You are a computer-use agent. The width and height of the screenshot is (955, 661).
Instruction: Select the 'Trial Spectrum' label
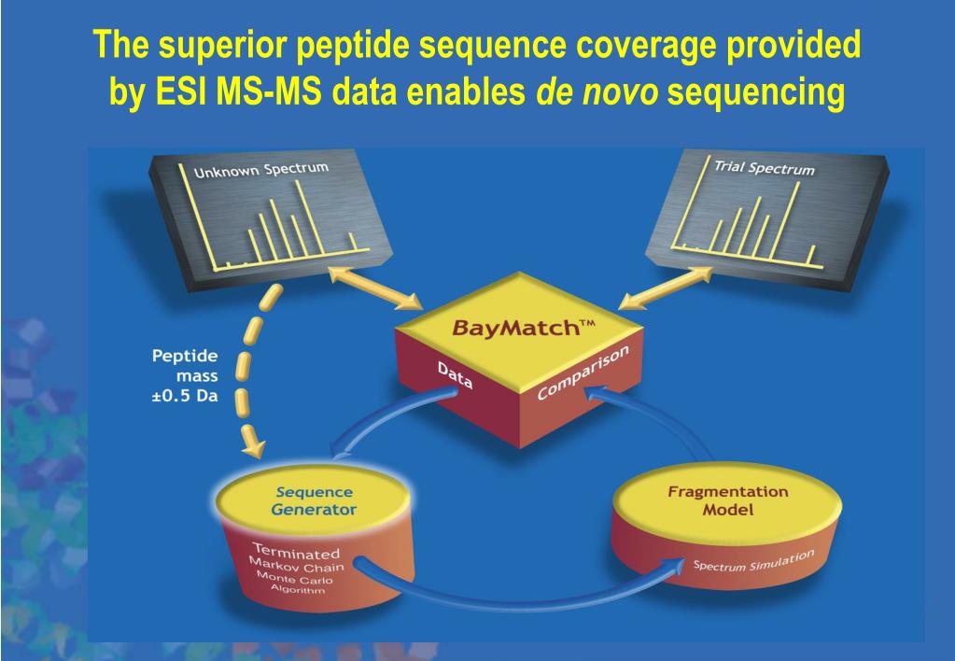[764, 168]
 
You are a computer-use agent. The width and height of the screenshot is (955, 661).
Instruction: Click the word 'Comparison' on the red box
[583, 372]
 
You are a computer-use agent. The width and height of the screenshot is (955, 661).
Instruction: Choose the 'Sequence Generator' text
[314, 501]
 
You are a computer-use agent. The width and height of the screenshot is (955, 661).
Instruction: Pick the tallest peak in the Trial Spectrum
[796, 215]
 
